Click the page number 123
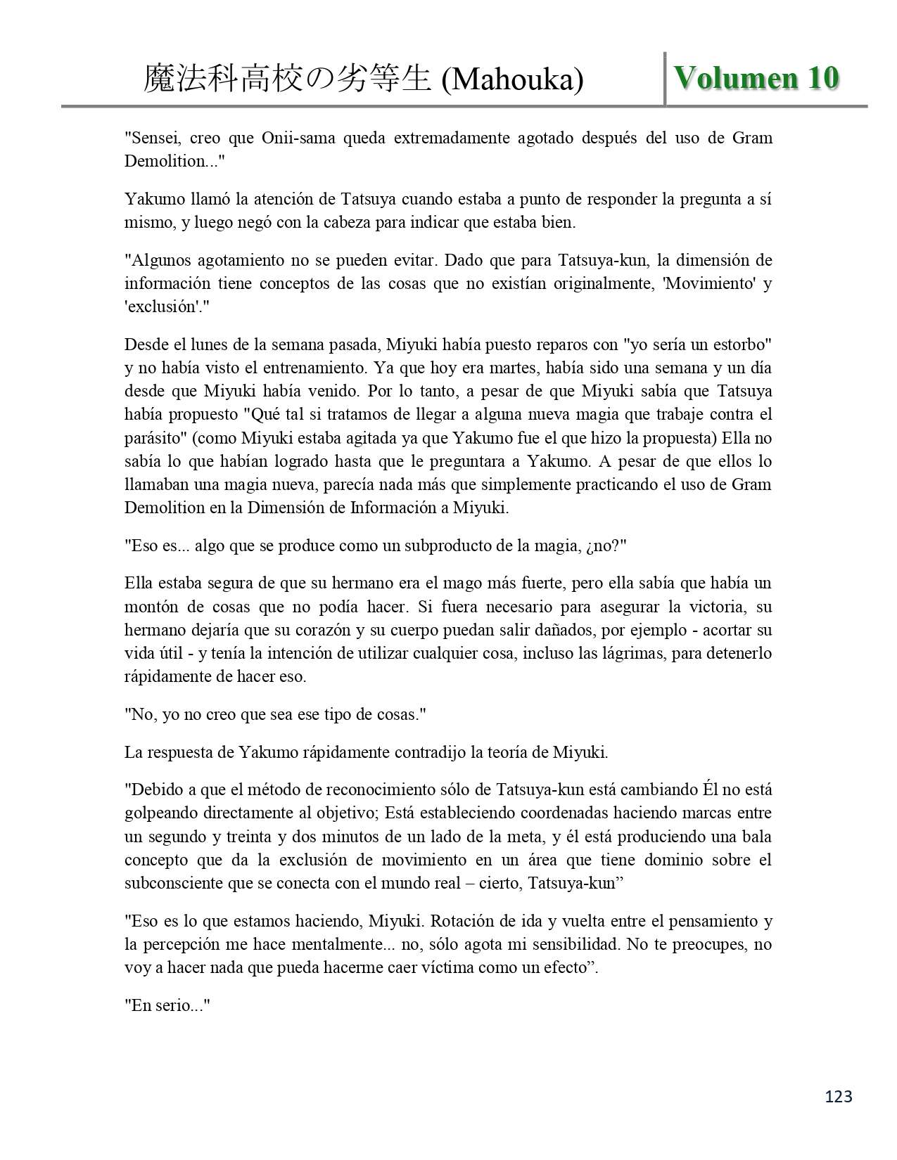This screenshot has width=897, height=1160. coord(838,1096)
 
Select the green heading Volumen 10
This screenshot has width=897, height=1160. coord(756,78)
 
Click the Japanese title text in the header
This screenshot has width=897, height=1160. coord(286,79)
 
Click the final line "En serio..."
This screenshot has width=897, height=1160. coord(168,1005)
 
